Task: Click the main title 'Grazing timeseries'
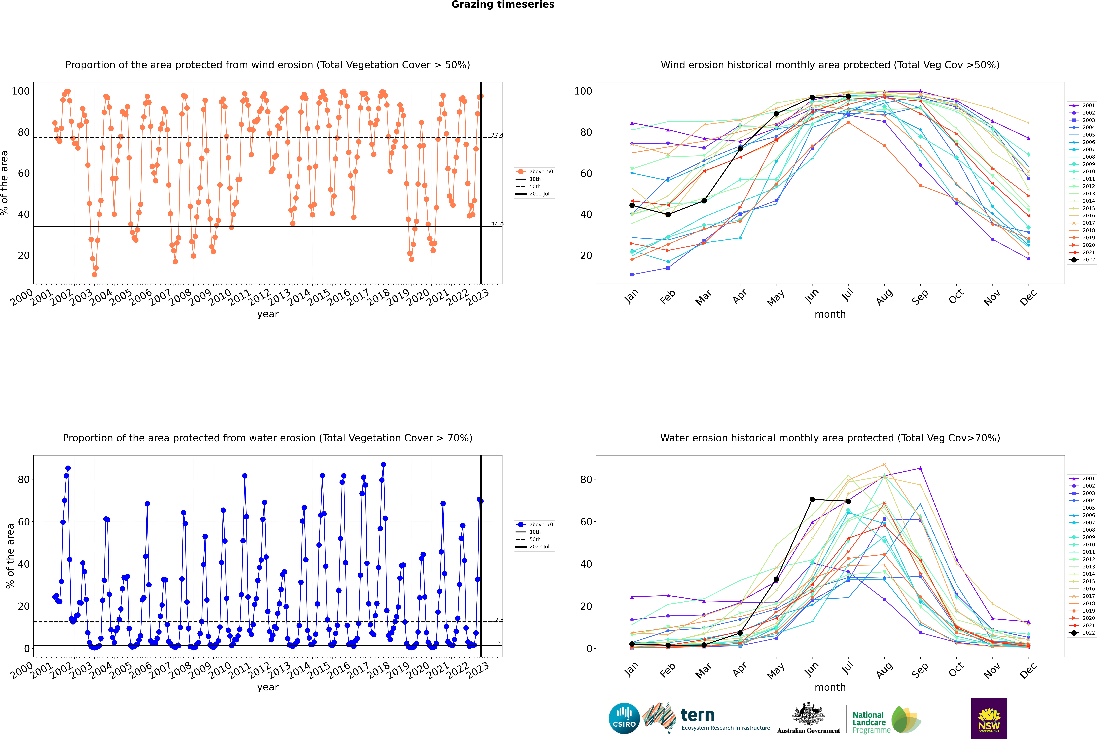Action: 503,5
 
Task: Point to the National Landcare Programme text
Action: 869,722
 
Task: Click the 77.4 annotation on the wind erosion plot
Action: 497,136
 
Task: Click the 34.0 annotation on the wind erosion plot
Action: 497,224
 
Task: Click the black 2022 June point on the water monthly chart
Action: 812,500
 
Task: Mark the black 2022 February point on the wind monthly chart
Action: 668,214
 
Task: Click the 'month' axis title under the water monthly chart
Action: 830,687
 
